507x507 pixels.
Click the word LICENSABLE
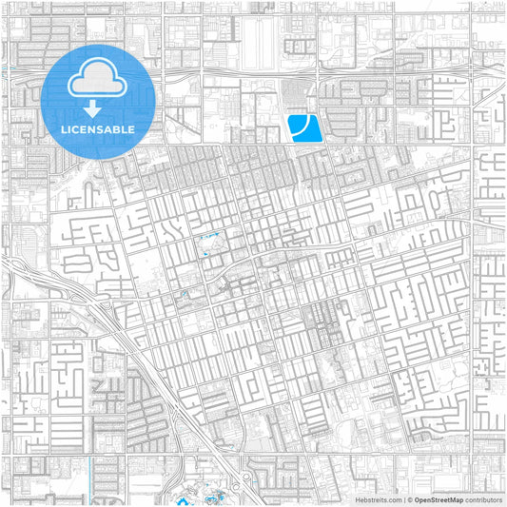tap(99, 128)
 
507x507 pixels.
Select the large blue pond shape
tap(303, 127)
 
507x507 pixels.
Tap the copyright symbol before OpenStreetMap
tap(408, 499)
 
